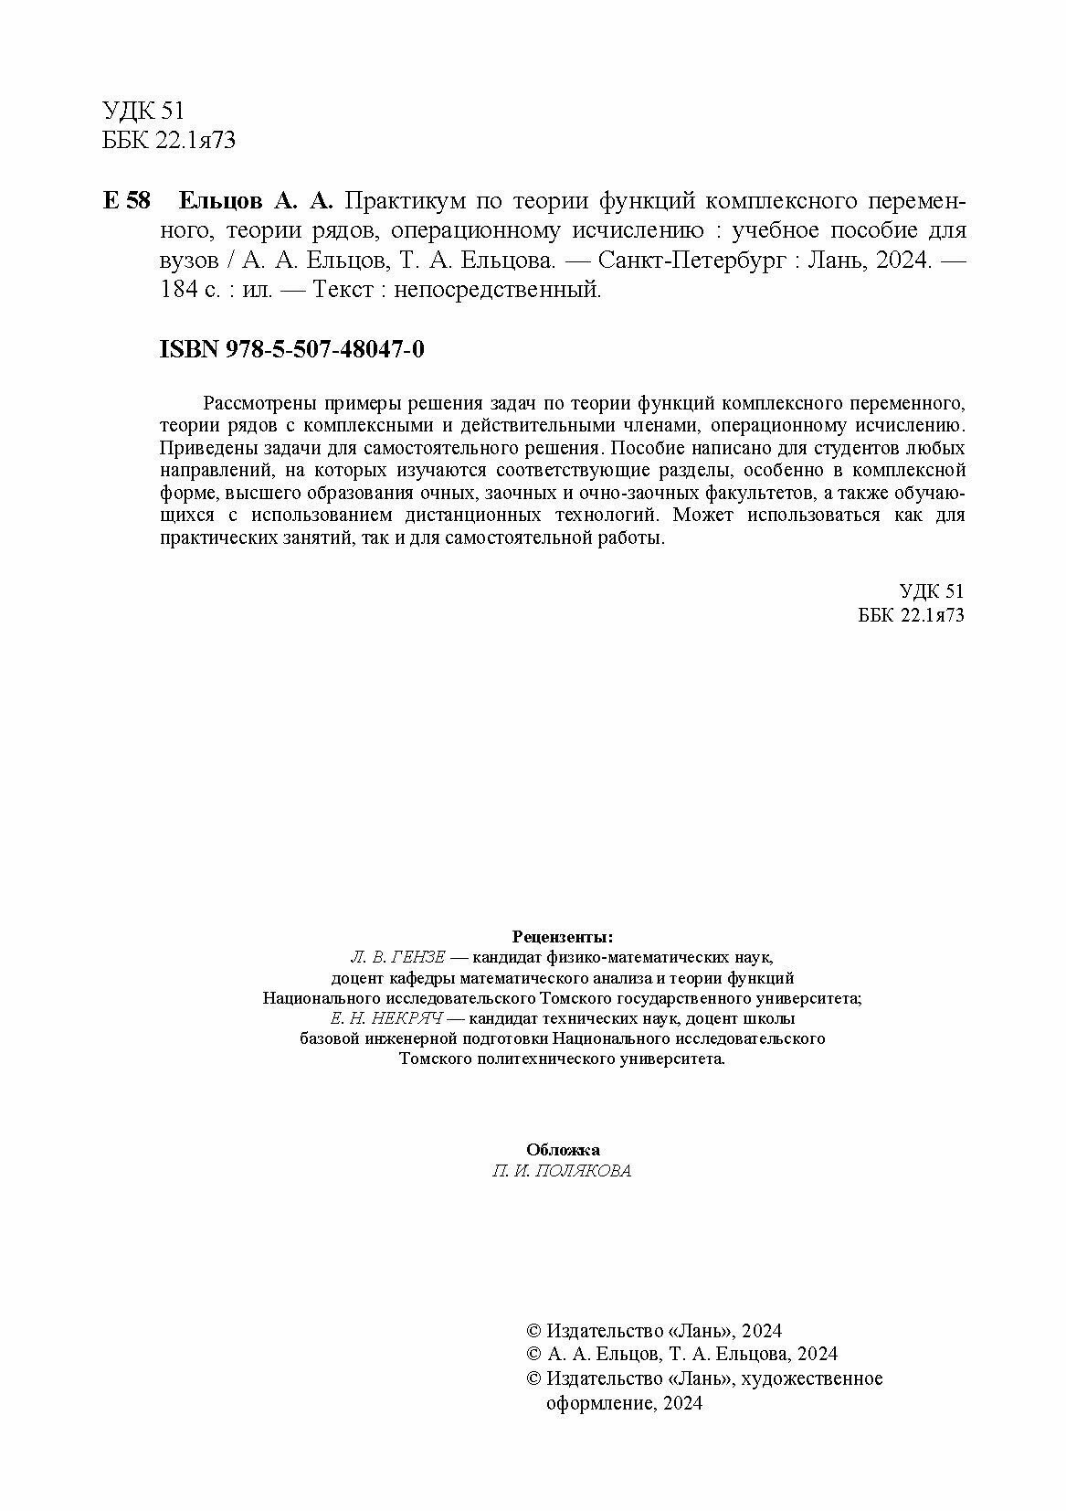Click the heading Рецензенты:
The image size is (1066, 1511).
[x=563, y=936]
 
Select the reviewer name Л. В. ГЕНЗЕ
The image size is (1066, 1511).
[x=397, y=957]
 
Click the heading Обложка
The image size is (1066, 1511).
[x=563, y=1150]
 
